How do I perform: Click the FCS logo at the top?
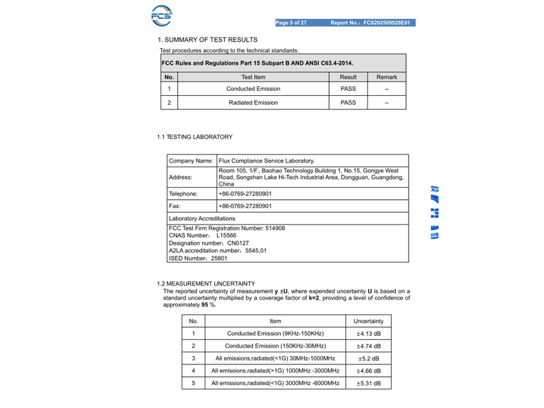click(x=162, y=15)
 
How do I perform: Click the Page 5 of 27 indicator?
click(x=291, y=23)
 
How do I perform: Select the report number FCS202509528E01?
click(x=387, y=23)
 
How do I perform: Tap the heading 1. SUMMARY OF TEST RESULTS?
click(x=207, y=40)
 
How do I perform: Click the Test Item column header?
click(x=253, y=78)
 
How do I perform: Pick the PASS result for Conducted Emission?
click(x=348, y=89)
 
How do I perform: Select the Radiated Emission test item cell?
click(x=253, y=103)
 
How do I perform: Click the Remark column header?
click(x=386, y=78)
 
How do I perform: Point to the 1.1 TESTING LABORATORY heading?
click(x=194, y=137)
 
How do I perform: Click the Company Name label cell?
click(x=191, y=160)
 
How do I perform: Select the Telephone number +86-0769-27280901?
click(x=245, y=194)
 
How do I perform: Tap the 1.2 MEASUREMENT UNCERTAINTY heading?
click(x=206, y=284)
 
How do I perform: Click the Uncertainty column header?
click(x=369, y=321)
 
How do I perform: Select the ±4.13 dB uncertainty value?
click(x=369, y=334)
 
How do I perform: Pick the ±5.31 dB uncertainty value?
click(x=369, y=384)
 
